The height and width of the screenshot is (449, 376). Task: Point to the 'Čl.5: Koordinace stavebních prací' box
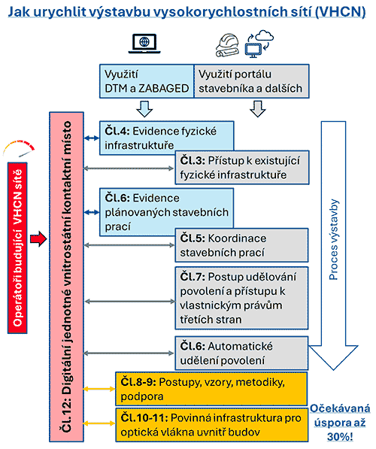click(x=241, y=245)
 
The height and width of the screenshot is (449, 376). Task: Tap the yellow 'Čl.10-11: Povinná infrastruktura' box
click(x=211, y=425)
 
